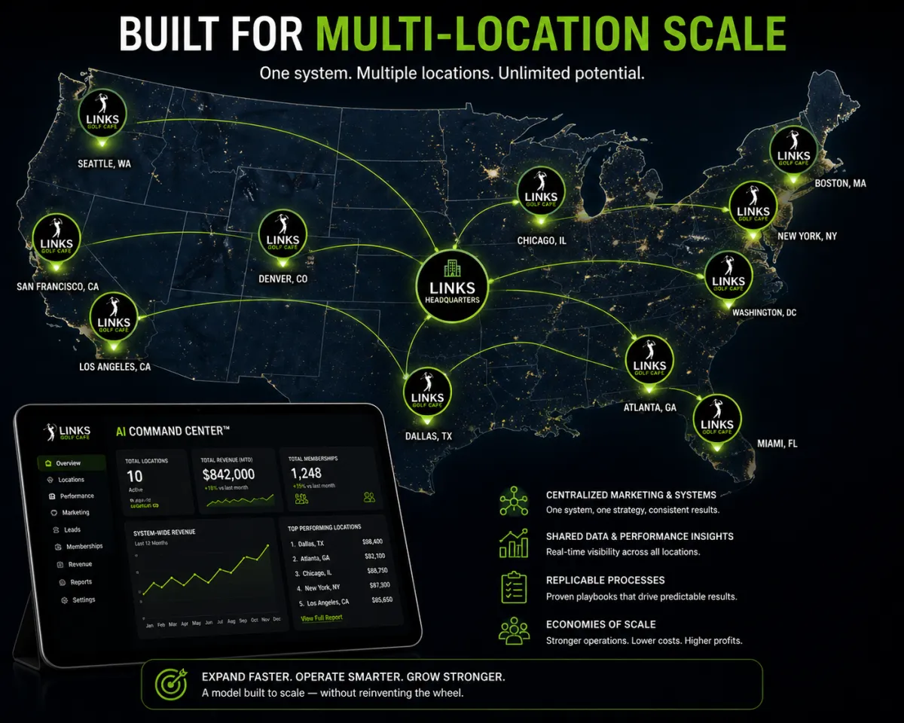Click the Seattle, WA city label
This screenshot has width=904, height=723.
tap(105, 163)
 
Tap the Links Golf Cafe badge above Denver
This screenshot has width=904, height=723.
tap(282, 234)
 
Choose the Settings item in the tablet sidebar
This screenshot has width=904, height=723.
tap(84, 600)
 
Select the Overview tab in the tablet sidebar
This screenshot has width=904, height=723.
tap(68, 463)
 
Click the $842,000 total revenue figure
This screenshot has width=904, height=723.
tap(228, 474)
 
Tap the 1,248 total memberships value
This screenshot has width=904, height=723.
tap(306, 473)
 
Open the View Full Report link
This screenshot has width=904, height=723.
tap(322, 618)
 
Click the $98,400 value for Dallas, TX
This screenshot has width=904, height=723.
tap(372, 541)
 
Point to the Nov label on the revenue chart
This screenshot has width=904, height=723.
tap(266, 619)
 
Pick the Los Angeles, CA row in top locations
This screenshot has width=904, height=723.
tap(323, 602)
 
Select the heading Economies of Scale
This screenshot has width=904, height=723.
tap(600, 624)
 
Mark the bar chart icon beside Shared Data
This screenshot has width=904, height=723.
tap(513, 543)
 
